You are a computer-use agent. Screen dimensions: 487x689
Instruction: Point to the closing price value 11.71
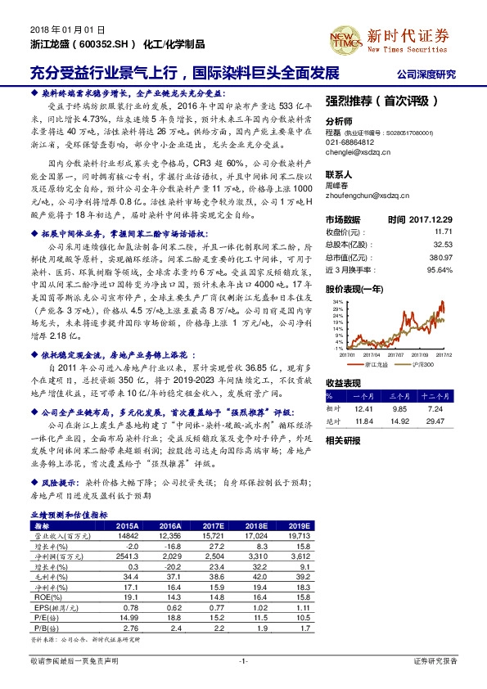pyautogui.click(x=444, y=232)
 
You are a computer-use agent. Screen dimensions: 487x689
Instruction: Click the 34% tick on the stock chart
pyautogui.click(x=334, y=301)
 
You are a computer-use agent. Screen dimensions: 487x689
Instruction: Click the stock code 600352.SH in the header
pyautogui.click(x=105, y=45)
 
